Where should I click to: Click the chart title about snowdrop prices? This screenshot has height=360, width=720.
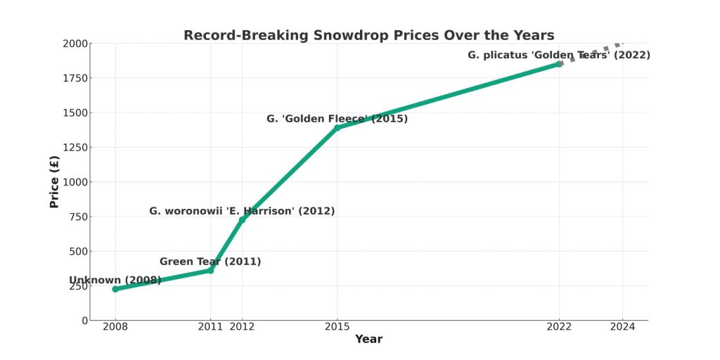tap(368, 35)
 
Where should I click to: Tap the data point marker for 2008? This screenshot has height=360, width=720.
tap(115, 289)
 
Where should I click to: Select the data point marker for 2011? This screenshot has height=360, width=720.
tap(210, 271)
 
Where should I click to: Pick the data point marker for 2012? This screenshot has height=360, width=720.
tap(242, 219)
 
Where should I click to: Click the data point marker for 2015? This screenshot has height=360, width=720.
tap(337, 128)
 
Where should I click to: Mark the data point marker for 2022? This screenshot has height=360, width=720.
tap(560, 64)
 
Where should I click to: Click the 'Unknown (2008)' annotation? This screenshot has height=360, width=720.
tap(115, 280)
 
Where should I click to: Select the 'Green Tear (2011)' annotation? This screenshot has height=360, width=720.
tap(210, 262)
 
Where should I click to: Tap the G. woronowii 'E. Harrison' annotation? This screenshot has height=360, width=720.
tap(242, 211)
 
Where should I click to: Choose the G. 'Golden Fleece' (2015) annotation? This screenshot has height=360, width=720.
tap(337, 119)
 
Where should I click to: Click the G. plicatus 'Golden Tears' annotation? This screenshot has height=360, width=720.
tap(559, 55)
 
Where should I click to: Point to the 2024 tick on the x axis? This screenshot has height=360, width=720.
tap(622, 326)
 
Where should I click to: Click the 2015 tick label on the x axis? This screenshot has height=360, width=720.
tap(337, 326)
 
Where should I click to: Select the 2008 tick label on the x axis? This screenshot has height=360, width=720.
tap(115, 326)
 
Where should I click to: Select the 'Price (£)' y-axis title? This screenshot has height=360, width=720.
tap(54, 181)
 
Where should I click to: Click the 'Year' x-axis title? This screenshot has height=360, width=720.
tap(368, 340)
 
